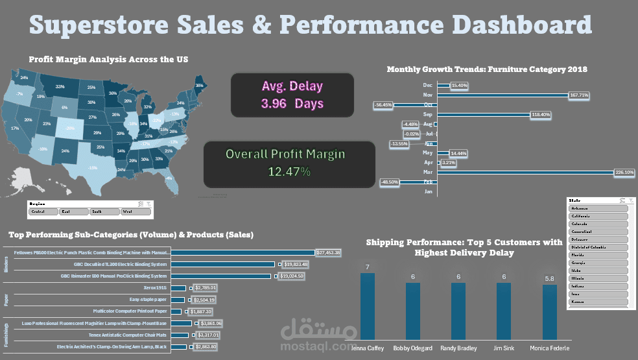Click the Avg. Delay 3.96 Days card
(x=292, y=95)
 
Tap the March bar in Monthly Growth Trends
(x=526, y=173)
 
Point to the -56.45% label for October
(x=383, y=104)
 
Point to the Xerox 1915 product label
(x=155, y=287)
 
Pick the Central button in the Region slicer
(x=42, y=211)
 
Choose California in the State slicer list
(x=598, y=216)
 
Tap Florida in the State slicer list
(x=598, y=255)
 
